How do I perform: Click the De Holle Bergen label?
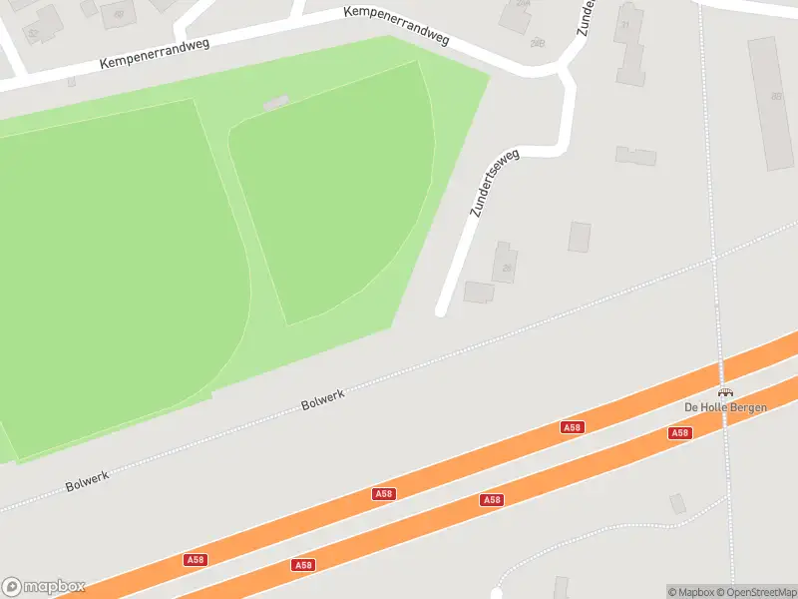725,406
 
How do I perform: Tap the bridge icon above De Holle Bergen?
725,391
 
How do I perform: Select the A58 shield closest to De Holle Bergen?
679,432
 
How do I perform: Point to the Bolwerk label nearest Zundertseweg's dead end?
322,401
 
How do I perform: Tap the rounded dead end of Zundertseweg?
441,312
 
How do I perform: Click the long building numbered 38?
770,102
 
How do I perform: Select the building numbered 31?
629,45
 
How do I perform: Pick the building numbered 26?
505,262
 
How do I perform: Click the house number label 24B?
539,42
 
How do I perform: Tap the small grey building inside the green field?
276,102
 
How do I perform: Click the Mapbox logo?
44,586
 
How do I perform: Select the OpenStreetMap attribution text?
757,592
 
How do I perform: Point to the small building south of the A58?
678,503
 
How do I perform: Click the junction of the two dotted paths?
715,258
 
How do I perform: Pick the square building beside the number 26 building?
580,237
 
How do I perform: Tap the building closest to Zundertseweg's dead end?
479,292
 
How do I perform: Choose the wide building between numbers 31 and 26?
635,156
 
